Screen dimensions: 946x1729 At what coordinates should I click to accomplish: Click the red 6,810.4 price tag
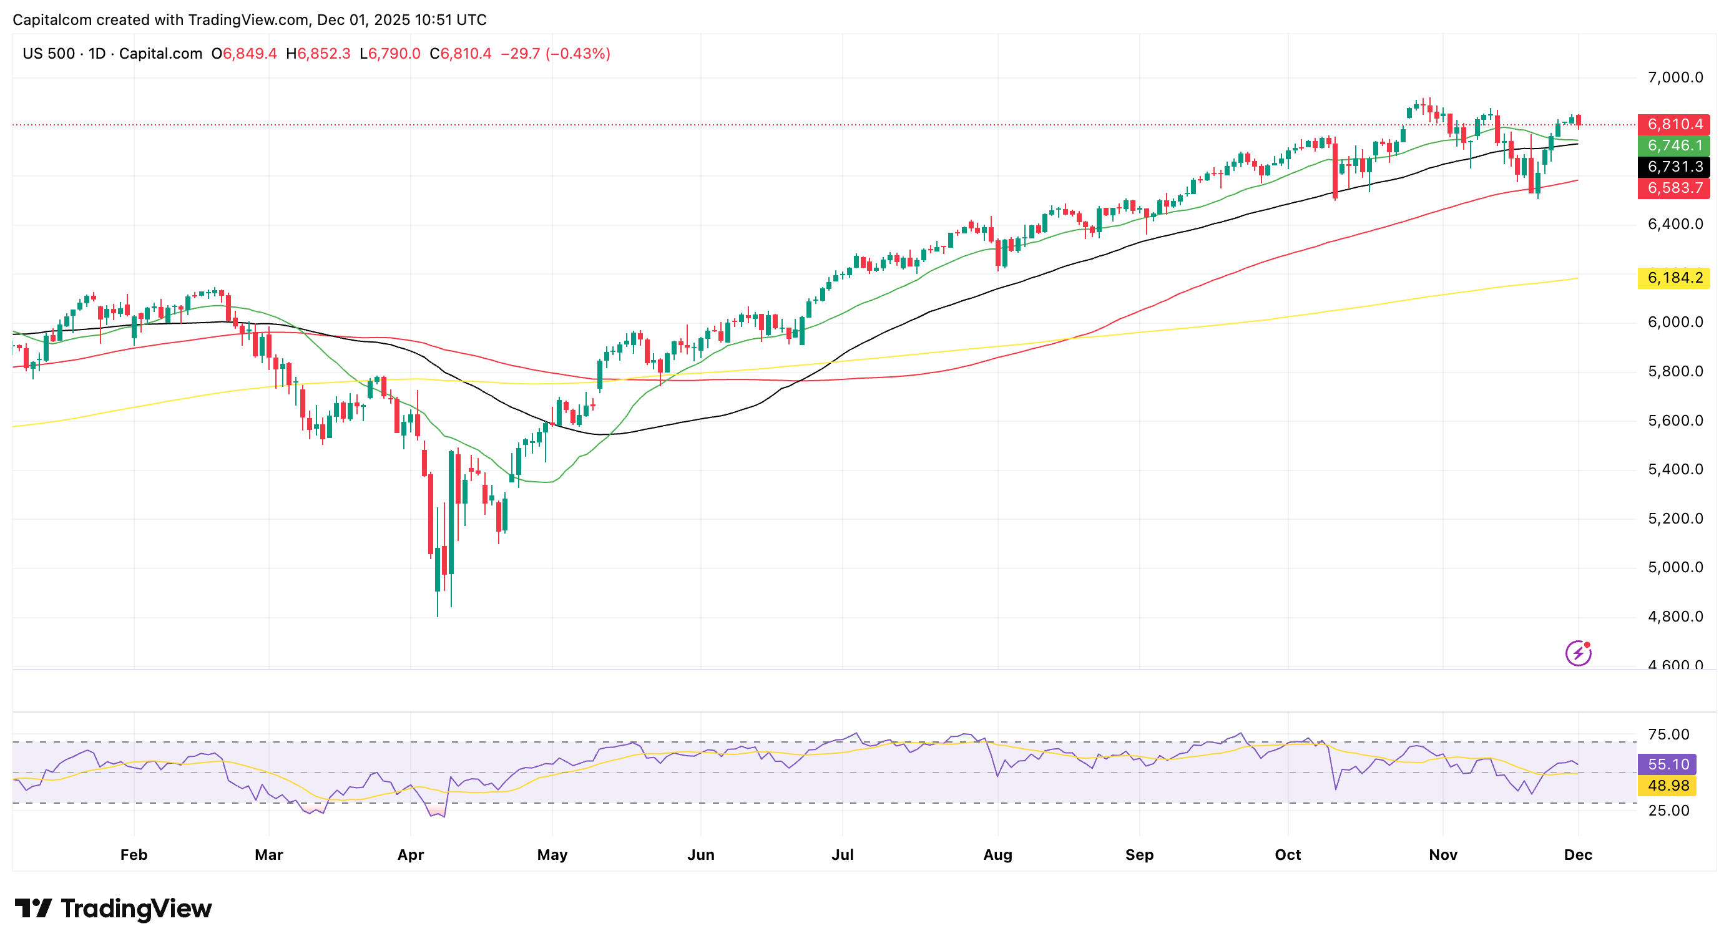tap(1674, 124)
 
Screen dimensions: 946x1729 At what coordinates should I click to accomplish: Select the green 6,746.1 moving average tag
tap(1674, 145)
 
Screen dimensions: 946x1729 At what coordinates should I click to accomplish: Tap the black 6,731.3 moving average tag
tap(1674, 167)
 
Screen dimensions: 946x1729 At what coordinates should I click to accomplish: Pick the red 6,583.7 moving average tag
tap(1674, 188)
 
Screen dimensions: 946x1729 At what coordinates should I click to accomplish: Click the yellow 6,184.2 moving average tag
tap(1674, 278)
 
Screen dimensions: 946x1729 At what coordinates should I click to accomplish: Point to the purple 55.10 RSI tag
tap(1667, 764)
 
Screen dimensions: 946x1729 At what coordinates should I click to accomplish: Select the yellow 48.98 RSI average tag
tap(1667, 786)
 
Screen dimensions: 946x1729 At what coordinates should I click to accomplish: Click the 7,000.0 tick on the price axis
tap(1675, 78)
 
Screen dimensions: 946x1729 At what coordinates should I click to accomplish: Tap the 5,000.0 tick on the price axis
tap(1675, 568)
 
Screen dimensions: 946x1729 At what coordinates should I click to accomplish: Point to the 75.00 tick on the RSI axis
tap(1668, 734)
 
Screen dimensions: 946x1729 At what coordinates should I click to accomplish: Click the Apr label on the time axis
tap(411, 855)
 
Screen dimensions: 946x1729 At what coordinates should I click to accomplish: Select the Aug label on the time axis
tap(998, 855)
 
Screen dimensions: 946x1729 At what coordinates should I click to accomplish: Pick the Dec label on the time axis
tap(1578, 855)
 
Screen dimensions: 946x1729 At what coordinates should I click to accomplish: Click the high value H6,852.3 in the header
tap(318, 54)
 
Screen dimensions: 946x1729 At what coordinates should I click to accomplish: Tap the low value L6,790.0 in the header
tap(390, 54)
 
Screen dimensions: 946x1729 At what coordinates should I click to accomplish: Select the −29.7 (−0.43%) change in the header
tap(556, 54)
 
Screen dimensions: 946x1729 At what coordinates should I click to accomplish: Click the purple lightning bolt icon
tap(1578, 653)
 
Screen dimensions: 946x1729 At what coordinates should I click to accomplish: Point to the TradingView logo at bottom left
tap(113, 909)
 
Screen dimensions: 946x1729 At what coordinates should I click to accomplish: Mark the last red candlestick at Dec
tap(1579, 121)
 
